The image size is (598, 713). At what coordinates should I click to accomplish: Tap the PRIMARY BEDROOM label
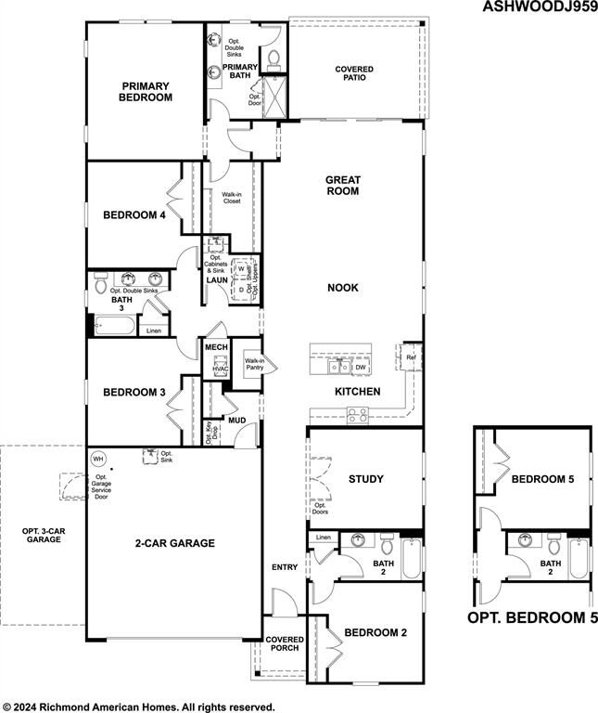click(146, 91)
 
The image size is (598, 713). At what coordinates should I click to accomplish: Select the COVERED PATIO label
click(354, 72)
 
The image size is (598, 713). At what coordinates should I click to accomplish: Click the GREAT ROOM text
click(342, 185)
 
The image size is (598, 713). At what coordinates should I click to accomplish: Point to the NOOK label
click(342, 288)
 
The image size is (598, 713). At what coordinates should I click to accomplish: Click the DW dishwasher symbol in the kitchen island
click(360, 367)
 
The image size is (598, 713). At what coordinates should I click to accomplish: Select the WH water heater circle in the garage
click(98, 459)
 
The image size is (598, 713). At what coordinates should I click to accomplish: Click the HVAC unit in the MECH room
click(221, 369)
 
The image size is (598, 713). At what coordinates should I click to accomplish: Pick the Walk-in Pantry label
click(254, 364)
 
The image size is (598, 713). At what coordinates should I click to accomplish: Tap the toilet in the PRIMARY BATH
click(274, 59)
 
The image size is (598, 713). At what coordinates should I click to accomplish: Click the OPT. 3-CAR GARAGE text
click(43, 535)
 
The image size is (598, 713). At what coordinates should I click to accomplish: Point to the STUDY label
click(365, 479)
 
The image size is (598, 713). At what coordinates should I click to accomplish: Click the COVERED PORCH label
click(284, 645)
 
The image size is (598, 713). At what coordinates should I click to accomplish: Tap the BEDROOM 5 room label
click(543, 479)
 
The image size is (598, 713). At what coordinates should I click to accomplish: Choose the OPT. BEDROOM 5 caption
click(532, 617)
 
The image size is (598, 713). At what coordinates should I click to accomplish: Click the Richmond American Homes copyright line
click(139, 707)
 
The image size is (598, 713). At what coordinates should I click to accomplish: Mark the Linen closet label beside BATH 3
click(154, 331)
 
